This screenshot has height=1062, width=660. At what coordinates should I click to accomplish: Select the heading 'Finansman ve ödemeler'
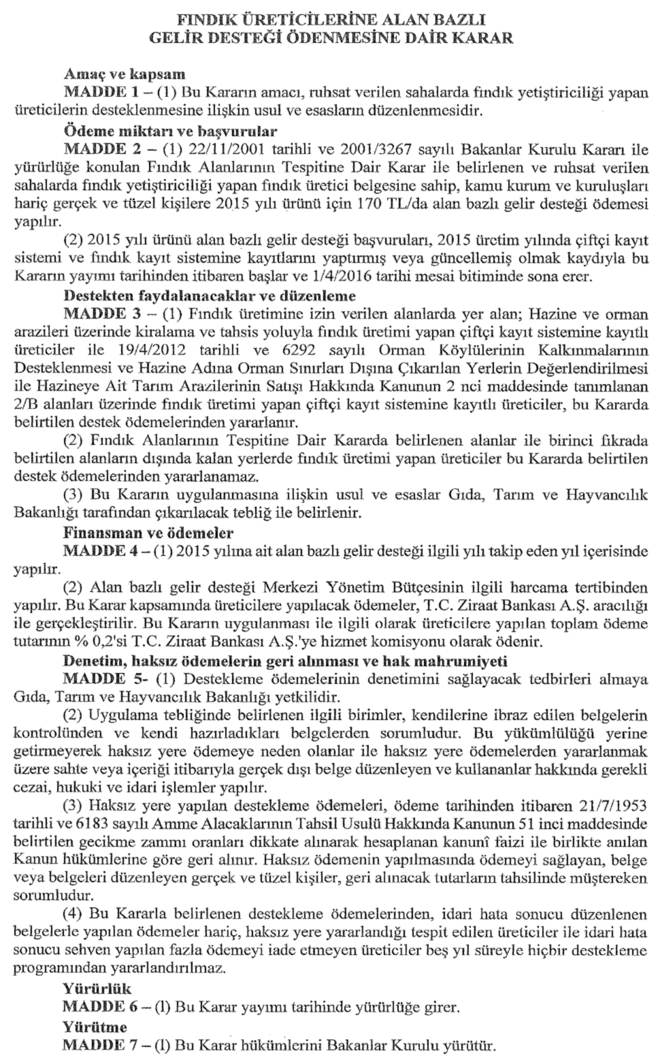coord(148,532)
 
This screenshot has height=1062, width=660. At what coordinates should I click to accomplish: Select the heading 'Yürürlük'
coord(97,988)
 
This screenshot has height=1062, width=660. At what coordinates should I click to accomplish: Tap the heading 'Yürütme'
coord(95,1026)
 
